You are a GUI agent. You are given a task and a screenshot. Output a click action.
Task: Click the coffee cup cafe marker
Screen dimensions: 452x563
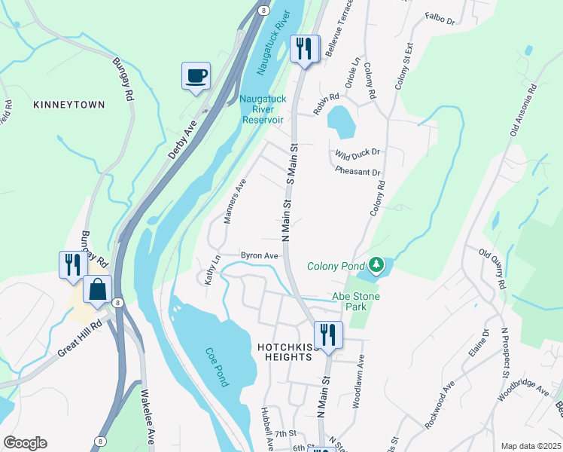pyautogui.click(x=196, y=76)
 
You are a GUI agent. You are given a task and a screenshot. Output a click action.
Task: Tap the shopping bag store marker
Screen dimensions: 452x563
pyautogui.click(x=98, y=289)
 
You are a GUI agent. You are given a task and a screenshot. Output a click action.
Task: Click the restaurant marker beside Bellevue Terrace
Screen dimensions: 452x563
pyautogui.click(x=304, y=50)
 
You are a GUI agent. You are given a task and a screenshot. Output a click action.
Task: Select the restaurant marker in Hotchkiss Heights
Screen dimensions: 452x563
pyautogui.click(x=328, y=335)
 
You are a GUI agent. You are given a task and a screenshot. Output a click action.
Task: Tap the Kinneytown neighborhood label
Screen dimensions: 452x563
pyautogui.click(x=69, y=105)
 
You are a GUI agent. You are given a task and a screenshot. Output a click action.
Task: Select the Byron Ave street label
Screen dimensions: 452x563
pyautogui.click(x=260, y=255)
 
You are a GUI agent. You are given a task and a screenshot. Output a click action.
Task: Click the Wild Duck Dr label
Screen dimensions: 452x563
pyautogui.click(x=358, y=154)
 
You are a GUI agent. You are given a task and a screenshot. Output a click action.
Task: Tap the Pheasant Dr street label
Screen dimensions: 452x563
pyautogui.click(x=358, y=172)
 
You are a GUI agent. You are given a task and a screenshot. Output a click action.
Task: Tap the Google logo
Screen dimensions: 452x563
pyautogui.click(x=25, y=443)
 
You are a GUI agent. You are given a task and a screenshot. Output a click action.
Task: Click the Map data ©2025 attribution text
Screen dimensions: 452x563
pyautogui.click(x=531, y=446)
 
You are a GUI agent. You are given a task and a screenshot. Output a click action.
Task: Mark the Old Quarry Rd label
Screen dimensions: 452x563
pyautogui.click(x=492, y=267)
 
